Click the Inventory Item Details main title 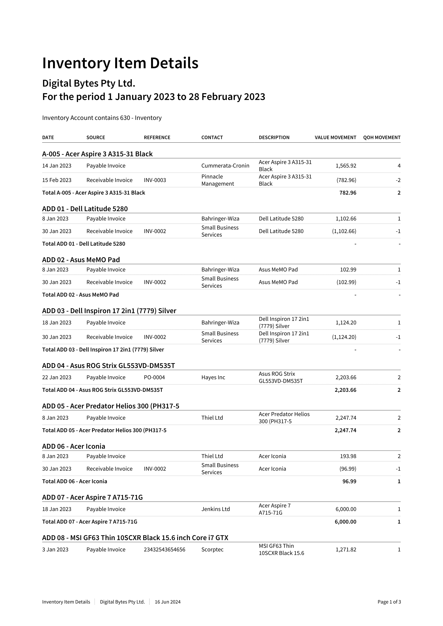click(x=120, y=63)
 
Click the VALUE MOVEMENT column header click(x=335, y=137)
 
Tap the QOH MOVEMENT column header click(x=382, y=137)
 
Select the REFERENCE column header click(x=157, y=137)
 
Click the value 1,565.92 click(x=346, y=166)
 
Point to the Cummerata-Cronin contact click(x=225, y=166)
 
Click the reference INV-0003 click(x=155, y=180)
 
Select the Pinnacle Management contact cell click(x=217, y=180)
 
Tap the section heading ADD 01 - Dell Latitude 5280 click(x=85, y=209)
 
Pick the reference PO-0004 click(x=154, y=377)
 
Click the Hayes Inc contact click(x=213, y=377)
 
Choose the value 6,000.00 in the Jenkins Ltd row click(x=346, y=509)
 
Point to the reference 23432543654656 click(x=164, y=549)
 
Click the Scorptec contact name click(x=212, y=549)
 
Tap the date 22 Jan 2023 click(x=57, y=377)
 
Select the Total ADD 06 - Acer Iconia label click(x=74, y=481)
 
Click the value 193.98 click(x=348, y=456)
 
